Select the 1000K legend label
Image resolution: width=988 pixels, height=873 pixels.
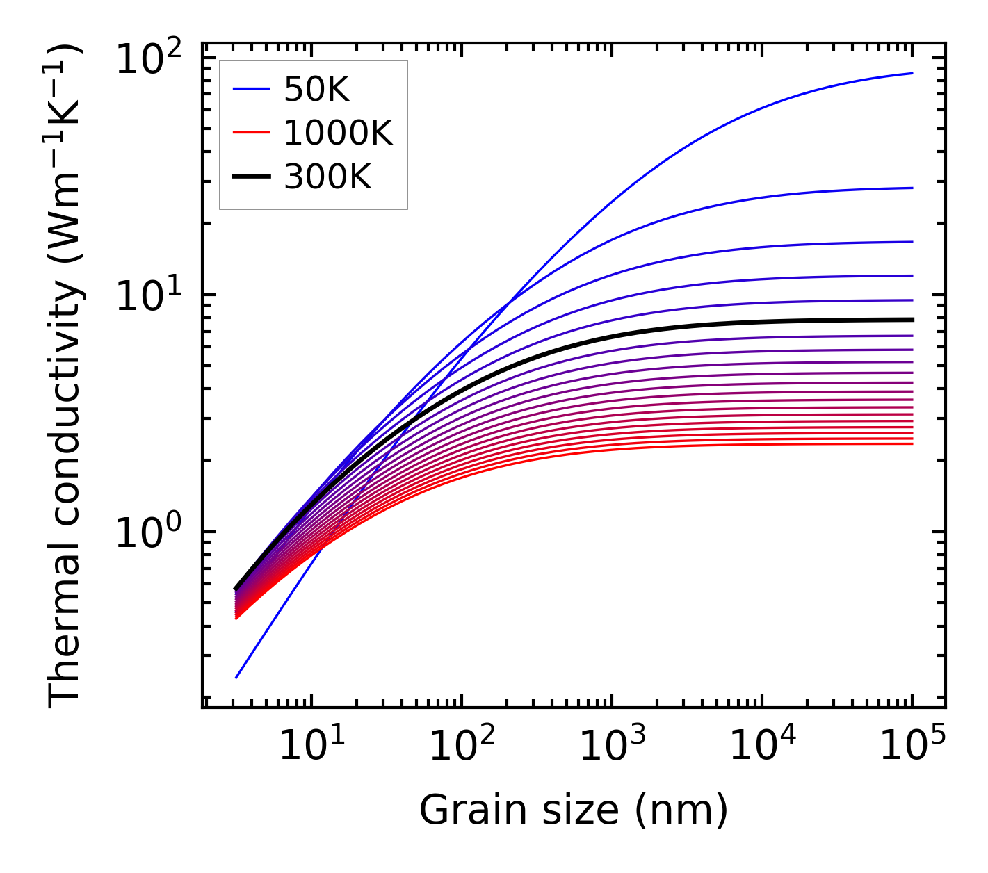click(338, 133)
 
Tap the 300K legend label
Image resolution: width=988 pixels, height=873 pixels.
click(327, 177)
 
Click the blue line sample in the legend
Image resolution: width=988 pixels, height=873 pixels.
click(250, 89)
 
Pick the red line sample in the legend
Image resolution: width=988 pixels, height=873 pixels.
click(250, 133)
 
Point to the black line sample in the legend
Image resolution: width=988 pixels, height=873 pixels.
click(250, 177)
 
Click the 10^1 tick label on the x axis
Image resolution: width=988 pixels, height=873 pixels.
click(311, 746)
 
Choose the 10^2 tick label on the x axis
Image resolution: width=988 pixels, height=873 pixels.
click(462, 746)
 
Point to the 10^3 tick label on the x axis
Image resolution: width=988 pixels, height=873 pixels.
click(612, 746)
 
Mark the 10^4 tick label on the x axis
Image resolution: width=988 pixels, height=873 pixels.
click(762, 746)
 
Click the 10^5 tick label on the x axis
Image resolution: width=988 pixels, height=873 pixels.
click(912, 746)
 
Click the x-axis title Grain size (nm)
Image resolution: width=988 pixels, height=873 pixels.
click(574, 810)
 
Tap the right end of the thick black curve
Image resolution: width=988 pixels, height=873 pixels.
click(912, 320)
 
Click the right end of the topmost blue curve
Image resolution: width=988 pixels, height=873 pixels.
click(912, 73)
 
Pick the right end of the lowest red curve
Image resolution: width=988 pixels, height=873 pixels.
click(912, 443)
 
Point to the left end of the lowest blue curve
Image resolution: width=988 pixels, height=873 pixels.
click(236, 678)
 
